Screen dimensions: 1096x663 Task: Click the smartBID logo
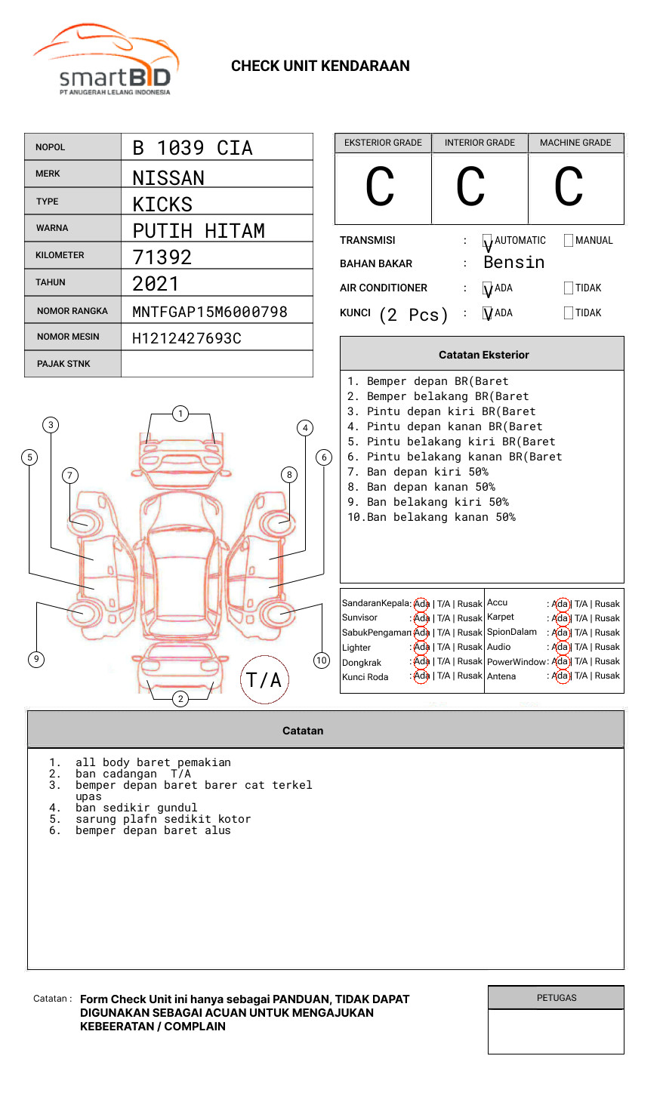[106, 60]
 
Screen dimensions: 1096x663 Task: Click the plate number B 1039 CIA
[193, 148]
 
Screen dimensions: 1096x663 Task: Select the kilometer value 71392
[162, 257]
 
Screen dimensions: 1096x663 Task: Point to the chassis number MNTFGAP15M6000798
[210, 312]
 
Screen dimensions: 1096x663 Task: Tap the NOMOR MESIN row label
[68, 337]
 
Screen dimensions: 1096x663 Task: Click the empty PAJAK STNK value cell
[217, 364]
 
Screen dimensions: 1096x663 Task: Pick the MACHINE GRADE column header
[575, 143]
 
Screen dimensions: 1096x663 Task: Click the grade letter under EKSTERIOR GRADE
[380, 187]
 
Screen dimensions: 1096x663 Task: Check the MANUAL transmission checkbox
[569, 241]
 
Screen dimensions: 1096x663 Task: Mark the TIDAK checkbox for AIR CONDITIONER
[569, 288]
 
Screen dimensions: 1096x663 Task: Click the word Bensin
[513, 263]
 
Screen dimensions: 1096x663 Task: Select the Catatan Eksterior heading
[483, 355]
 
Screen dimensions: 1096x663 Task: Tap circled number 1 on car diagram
[180, 413]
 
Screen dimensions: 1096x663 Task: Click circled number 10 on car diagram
[322, 660]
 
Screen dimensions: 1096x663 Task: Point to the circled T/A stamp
[264, 679]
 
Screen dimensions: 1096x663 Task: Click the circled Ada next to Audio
[560, 647]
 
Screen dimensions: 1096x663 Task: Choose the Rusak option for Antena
[607, 676]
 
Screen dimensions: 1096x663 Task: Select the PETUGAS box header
[557, 998]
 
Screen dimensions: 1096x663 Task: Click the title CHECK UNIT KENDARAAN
[320, 66]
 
